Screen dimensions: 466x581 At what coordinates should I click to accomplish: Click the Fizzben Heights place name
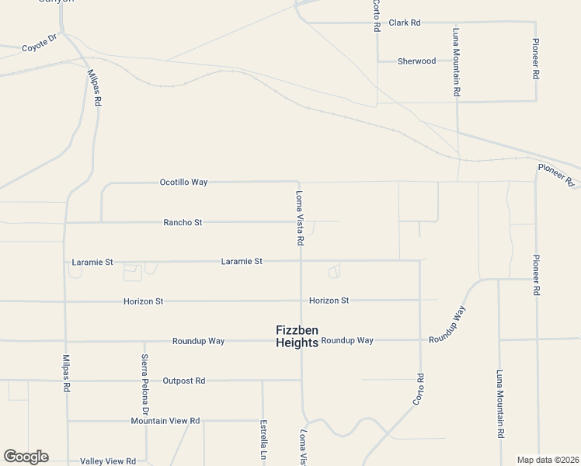click(297, 336)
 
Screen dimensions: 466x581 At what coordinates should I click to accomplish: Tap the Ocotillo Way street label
click(184, 183)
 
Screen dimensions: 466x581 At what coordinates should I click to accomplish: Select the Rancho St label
click(183, 222)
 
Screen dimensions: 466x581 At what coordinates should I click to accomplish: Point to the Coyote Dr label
click(40, 43)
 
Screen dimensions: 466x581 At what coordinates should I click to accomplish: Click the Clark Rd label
click(405, 23)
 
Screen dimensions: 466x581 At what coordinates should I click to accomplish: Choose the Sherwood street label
click(417, 61)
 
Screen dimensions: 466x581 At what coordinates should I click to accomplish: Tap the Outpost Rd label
click(184, 381)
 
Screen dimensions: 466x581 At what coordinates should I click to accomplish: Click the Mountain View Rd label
click(165, 421)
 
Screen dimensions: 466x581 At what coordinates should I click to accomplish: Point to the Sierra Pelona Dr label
click(144, 384)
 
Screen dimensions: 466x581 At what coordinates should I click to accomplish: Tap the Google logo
click(26, 457)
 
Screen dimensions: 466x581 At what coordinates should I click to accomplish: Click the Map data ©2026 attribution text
click(548, 460)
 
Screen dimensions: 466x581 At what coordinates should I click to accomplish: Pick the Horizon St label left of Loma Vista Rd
click(143, 301)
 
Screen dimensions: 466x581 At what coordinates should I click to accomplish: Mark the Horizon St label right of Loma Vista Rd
click(329, 301)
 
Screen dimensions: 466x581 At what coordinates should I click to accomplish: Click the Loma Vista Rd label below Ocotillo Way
click(299, 218)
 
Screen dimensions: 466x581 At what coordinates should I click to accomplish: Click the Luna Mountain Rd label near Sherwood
click(457, 63)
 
